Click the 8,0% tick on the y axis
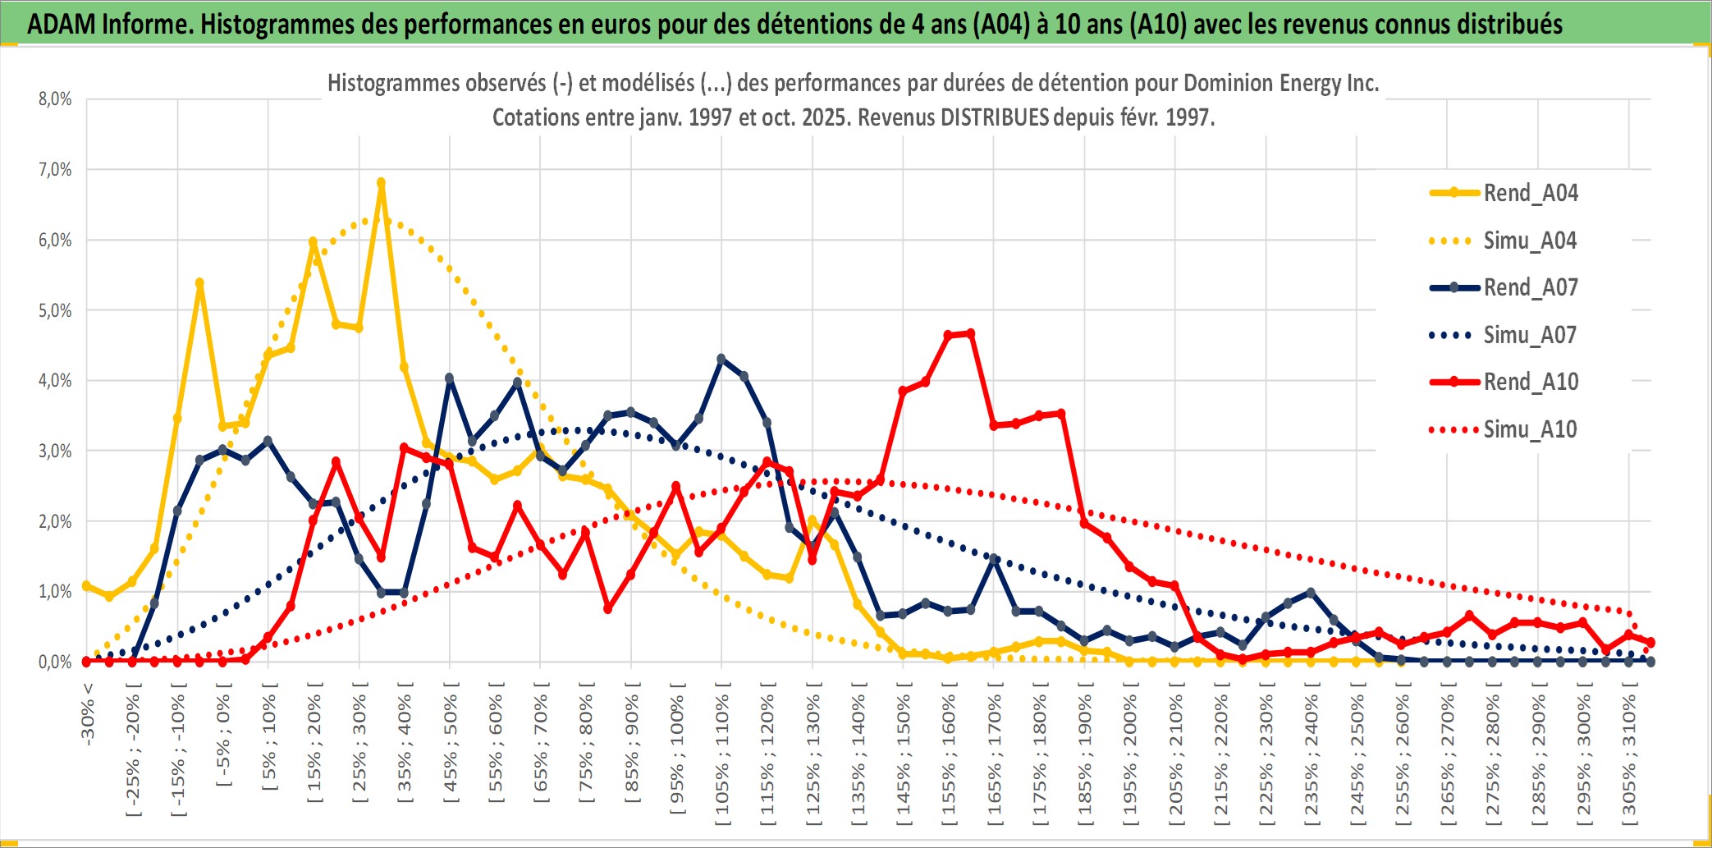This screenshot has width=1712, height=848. [x=55, y=99]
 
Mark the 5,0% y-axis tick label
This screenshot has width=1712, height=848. [x=55, y=310]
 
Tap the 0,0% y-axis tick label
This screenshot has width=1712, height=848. [x=55, y=662]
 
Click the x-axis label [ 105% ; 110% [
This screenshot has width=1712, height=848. [x=722, y=755]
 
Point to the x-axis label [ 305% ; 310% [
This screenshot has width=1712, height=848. [x=1629, y=755]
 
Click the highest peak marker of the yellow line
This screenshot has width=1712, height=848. [x=381, y=183]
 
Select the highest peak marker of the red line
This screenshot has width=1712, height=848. [x=971, y=333]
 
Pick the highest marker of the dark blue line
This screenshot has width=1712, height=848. [x=721, y=359]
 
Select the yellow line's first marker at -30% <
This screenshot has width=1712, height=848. [x=87, y=586]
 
